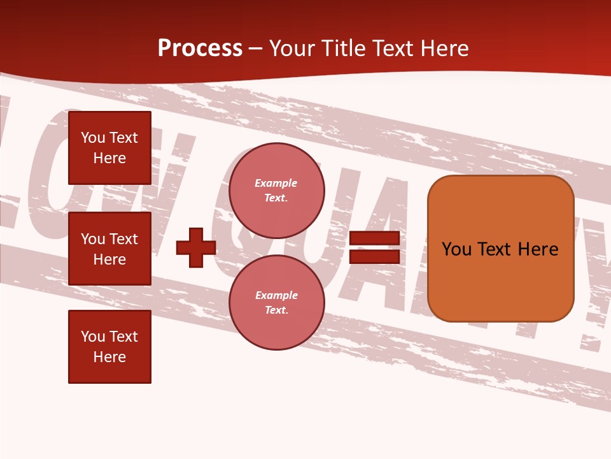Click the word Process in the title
200,48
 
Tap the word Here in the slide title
444,48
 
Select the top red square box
109,148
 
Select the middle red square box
109,249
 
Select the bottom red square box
109,347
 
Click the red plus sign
196,247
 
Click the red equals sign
374,247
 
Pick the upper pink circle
276,191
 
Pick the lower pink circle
276,303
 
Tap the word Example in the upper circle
276,183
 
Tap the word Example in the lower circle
276,295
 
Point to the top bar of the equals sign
374,238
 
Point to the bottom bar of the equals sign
374,257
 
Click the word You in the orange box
456,249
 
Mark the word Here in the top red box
109,158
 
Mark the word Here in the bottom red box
109,357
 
